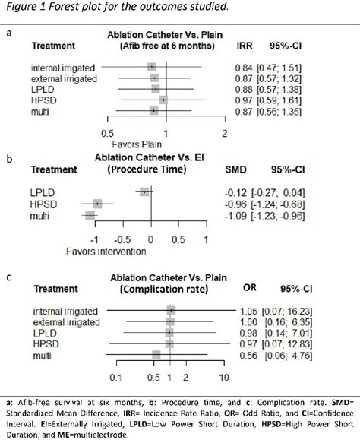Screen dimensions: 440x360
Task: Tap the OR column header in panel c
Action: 249,290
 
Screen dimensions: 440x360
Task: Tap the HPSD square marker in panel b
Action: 97,204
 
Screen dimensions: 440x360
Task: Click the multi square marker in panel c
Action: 156,355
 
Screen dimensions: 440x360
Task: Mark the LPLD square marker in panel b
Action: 144,192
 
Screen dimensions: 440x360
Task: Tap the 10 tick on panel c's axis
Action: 224,377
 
